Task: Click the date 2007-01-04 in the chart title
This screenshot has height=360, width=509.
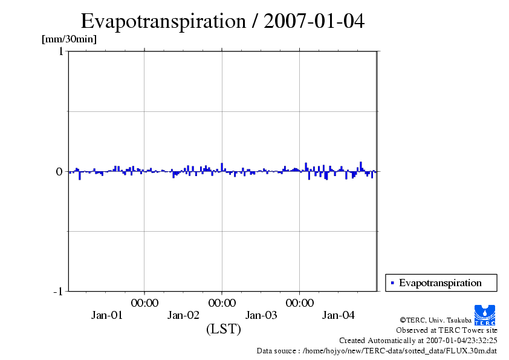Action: [314, 21]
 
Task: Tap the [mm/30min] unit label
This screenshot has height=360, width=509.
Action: [69, 39]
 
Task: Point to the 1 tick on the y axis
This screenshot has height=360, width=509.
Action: [61, 51]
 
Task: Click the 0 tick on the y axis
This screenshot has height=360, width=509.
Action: [59, 171]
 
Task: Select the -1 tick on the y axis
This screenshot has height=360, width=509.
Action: [58, 291]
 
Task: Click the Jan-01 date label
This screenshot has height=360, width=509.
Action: [106, 315]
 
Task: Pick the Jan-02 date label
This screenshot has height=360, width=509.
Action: [183, 315]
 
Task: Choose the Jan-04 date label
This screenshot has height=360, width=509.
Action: [339, 315]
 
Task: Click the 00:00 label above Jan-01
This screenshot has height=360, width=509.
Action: [144, 303]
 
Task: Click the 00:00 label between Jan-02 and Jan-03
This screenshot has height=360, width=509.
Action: [222, 303]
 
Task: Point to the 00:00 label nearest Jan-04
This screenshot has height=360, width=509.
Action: [300, 303]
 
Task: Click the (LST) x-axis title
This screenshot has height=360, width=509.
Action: [224, 329]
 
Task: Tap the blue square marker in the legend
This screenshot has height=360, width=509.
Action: [392, 283]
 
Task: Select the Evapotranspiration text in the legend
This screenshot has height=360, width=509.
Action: [440, 283]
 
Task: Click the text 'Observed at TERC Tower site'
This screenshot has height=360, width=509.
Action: [446, 330]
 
